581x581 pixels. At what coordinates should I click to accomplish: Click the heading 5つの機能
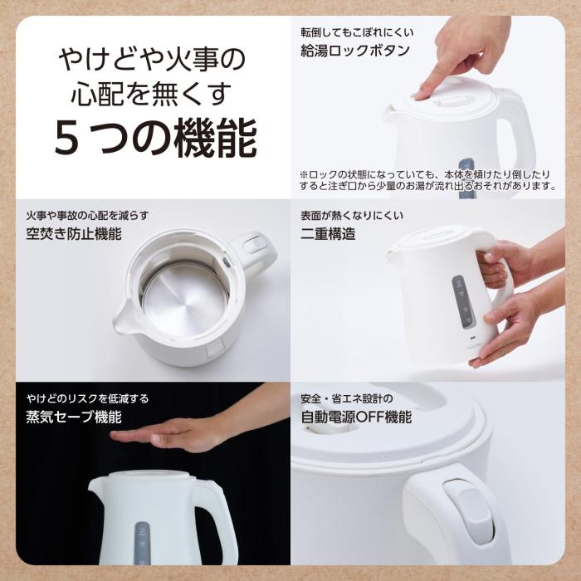[155, 139]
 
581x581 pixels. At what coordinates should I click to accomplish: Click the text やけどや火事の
[152, 60]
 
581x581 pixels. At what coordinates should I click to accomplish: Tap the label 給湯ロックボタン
[355, 51]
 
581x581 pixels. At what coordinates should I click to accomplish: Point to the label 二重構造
[328, 233]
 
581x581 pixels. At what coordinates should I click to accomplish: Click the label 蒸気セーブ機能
[74, 417]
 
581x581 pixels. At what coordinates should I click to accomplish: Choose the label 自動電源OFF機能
[356, 417]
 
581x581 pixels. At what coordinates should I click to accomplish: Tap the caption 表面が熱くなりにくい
[352, 216]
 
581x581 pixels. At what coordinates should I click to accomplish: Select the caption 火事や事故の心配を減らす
[87, 216]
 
